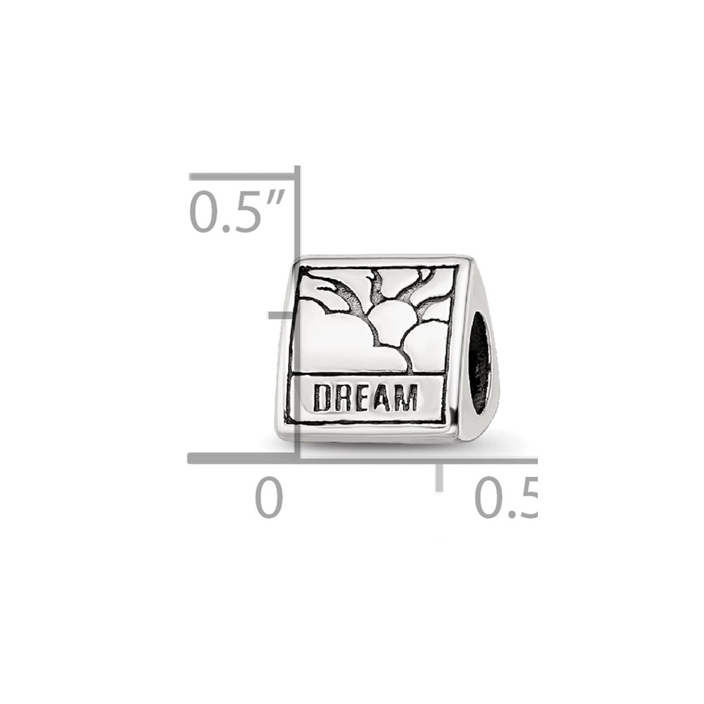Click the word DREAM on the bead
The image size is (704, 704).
click(x=365, y=398)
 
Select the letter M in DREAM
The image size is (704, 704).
click(x=406, y=398)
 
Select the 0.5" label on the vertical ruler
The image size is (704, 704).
click(x=237, y=211)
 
